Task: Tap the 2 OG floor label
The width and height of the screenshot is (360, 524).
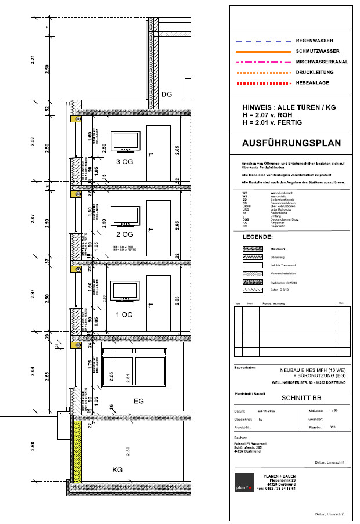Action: [125, 234]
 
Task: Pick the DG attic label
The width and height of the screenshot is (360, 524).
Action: [167, 94]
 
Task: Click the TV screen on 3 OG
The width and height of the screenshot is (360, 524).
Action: [125, 140]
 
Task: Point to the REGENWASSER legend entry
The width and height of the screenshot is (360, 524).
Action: [314, 41]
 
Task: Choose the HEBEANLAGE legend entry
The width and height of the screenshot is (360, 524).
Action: [313, 82]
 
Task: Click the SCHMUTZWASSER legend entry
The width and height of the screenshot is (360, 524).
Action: [318, 52]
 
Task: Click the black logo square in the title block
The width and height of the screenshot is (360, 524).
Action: [244, 482]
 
